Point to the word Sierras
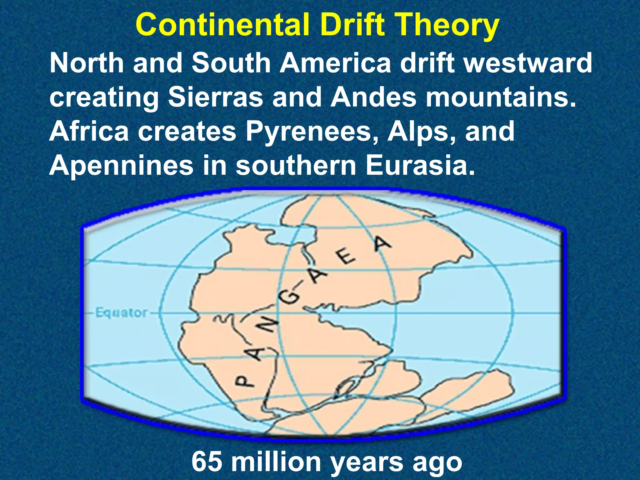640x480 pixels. (x=216, y=97)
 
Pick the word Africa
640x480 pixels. (x=89, y=131)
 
